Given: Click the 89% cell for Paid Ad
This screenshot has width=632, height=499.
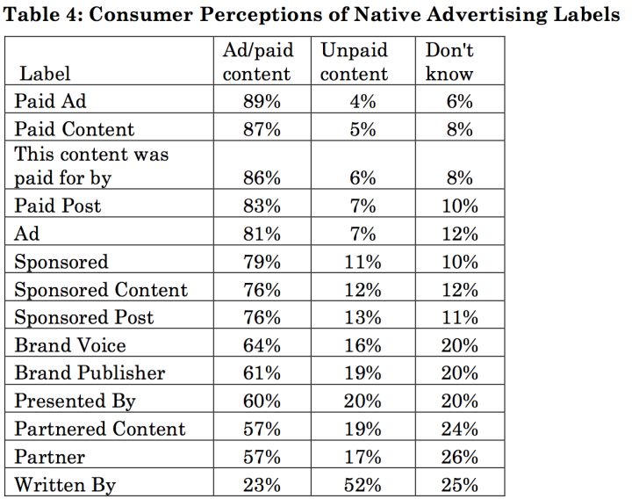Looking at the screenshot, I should click(262, 101).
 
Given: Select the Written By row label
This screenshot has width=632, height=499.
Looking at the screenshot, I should click(65, 485).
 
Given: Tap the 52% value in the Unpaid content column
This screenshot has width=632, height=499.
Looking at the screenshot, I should click(363, 485).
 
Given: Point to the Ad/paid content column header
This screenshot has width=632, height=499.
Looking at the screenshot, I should click(256, 62).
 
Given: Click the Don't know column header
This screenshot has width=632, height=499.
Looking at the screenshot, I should click(449, 62).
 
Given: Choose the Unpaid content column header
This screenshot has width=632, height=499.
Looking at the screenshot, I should click(354, 62).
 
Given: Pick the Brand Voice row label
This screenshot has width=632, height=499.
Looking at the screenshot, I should click(70, 345).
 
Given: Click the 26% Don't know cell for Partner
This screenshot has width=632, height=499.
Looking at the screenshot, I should click(460, 457).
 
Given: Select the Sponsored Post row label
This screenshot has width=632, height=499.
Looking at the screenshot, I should click(83, 317).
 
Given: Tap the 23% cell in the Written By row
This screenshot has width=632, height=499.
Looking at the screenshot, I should click(262, 485).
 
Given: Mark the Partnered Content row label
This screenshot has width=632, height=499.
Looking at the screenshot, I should click(100, 429).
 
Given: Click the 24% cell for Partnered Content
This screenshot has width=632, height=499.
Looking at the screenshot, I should click(460, 429).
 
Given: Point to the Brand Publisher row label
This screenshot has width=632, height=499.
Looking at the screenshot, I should click(90, 372).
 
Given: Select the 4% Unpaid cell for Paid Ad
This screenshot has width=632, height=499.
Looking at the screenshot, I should click(363, 101).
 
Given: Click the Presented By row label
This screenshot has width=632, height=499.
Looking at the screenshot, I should click(75, 401).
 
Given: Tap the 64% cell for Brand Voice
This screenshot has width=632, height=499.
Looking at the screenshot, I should click(262, 345).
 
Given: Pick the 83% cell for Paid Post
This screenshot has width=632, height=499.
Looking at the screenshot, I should click(262, 206).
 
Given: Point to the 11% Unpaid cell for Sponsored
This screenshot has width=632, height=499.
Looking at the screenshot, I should click(363, 262).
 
